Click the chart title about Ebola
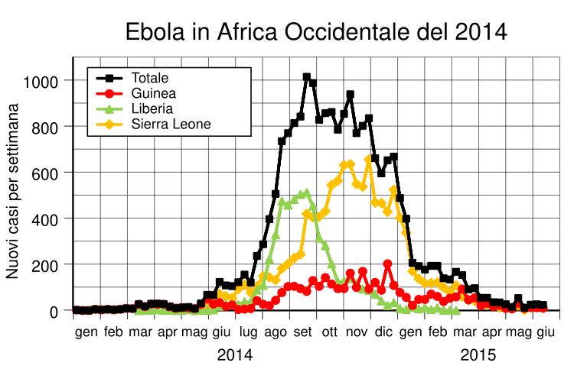(x=316, y=32)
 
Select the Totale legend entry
(x=150, y=77)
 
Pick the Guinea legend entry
(x=153, y=93)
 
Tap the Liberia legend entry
(x=152, y=108)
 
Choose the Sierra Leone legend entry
(x=171, y=124)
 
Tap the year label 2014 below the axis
(x=235, y=355)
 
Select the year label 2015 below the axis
(x=478, y=355)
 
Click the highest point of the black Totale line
(x=306, y=77)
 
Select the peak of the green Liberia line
(x=306, y=193)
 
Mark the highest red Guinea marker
(x=387, y=264)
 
